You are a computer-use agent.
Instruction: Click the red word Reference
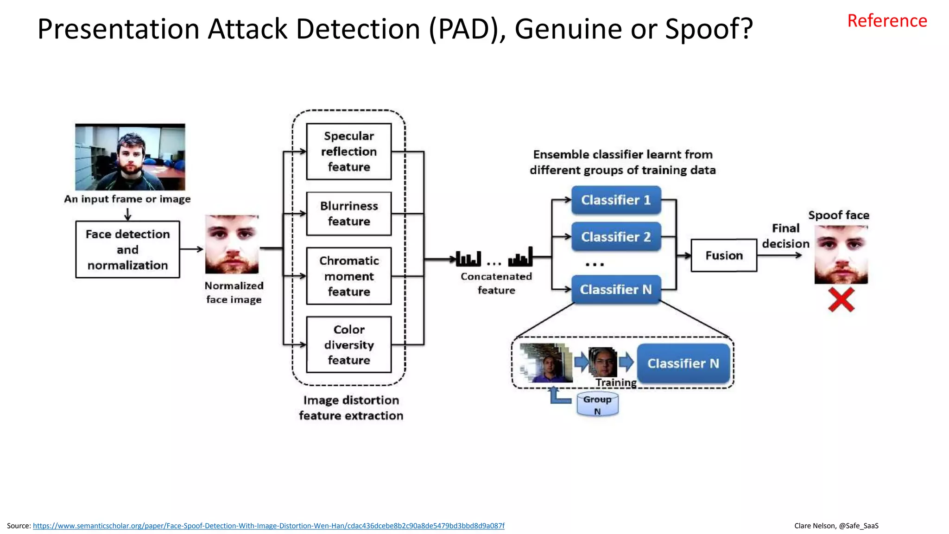click(887, 21)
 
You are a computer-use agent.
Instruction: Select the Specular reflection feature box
click(349, 152)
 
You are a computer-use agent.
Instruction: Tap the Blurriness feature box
click(349, 214)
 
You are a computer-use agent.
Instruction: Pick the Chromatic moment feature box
click(349, 276)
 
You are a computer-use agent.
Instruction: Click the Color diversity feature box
click(349, 344)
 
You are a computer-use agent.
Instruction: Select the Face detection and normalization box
click(127, 249)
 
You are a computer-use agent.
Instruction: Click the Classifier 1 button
click(616, 200)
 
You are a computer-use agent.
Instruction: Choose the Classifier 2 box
click(616, 237)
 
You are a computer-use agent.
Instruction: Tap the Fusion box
click(724, 255)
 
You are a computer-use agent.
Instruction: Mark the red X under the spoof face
click(841, 300)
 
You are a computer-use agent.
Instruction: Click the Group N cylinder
click(597, 405)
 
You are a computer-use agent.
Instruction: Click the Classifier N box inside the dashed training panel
click(683, 363)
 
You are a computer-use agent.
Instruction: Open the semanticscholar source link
click(268, 526)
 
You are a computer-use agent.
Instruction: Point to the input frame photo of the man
click(130, 157)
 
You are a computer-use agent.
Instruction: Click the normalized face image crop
click(232, 244)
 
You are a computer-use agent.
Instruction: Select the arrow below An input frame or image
click(127, 214)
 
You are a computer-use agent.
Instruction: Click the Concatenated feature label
click(496, 283)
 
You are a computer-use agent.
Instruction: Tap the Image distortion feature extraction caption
click(351, 408)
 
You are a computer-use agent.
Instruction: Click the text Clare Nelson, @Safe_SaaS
click(836, 526)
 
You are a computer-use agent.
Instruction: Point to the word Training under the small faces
click(616, 382)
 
